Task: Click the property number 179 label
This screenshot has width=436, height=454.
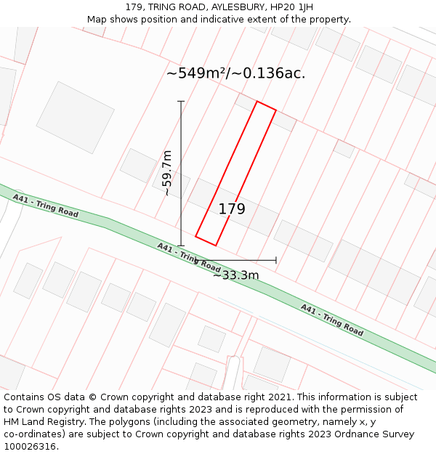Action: (232, 209)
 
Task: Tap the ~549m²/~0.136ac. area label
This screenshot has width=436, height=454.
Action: (235, 73)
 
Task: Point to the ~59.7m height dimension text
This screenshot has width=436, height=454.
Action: (167, 173)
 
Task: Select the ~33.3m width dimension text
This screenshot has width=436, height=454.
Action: (235, 275)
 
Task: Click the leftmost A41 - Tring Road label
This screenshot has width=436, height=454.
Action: (45, 206)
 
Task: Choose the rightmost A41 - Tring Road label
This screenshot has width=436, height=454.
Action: (331, 320)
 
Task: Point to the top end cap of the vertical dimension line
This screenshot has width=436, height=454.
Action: (181, 102)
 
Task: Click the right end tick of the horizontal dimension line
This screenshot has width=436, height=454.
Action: (276, 260)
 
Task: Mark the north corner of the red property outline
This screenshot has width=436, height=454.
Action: (257, 102)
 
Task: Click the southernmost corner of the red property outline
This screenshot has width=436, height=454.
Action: (215, 246)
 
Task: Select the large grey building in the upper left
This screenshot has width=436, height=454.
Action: (75, 117)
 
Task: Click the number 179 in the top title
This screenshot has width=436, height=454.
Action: (134, 7)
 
